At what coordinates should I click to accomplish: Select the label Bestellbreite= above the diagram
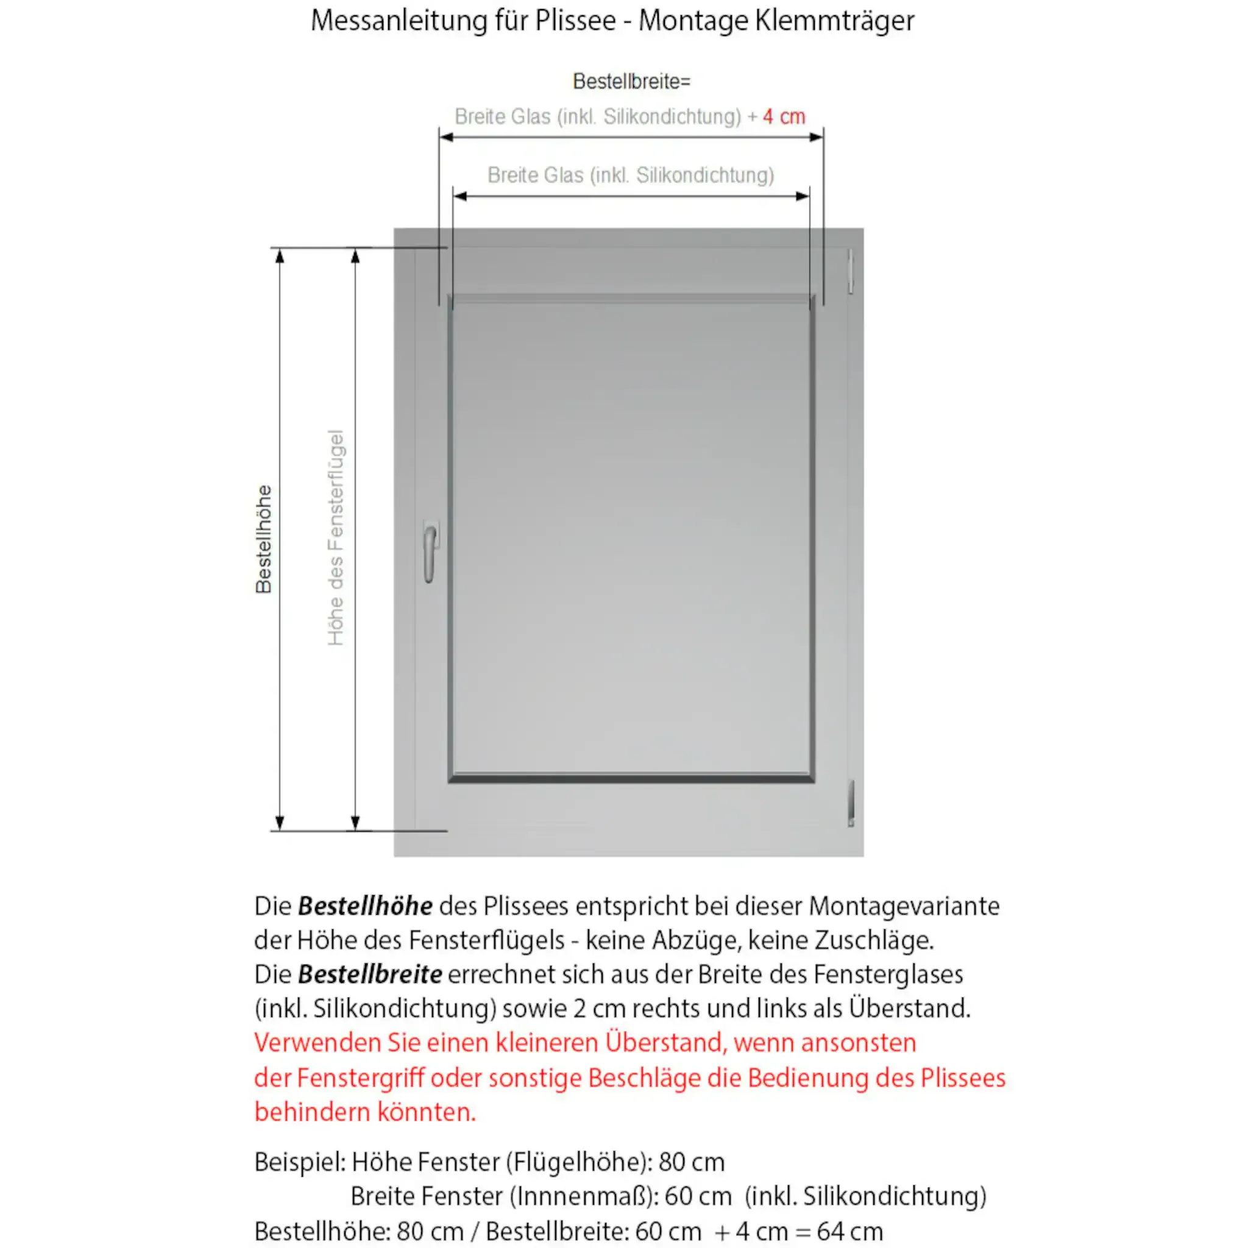(x=631, y=82)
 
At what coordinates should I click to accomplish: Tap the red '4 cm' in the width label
(x=784, y=117)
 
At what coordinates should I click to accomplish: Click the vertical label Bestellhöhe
(x=263, y=539)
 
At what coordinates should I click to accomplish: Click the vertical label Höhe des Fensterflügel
(x=336, y=537)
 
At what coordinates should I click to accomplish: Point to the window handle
(x=430, y=552)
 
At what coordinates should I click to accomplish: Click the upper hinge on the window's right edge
(x=851, y=271)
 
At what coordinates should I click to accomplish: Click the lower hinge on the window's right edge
(x=851, y=803)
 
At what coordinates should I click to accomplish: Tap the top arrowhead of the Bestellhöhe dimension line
(x=280, y=256)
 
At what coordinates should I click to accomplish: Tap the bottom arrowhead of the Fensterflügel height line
(x=355, y=822)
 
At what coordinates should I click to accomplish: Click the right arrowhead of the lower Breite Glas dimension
(x=803, y=196)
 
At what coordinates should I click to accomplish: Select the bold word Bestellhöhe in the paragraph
(x=365, y=906)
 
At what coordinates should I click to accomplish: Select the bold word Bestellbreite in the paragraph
(x=369, y=974)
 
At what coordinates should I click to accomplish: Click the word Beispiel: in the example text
(x=300, y=1162)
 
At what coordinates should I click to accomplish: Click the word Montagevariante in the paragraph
(x=904, y=906)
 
